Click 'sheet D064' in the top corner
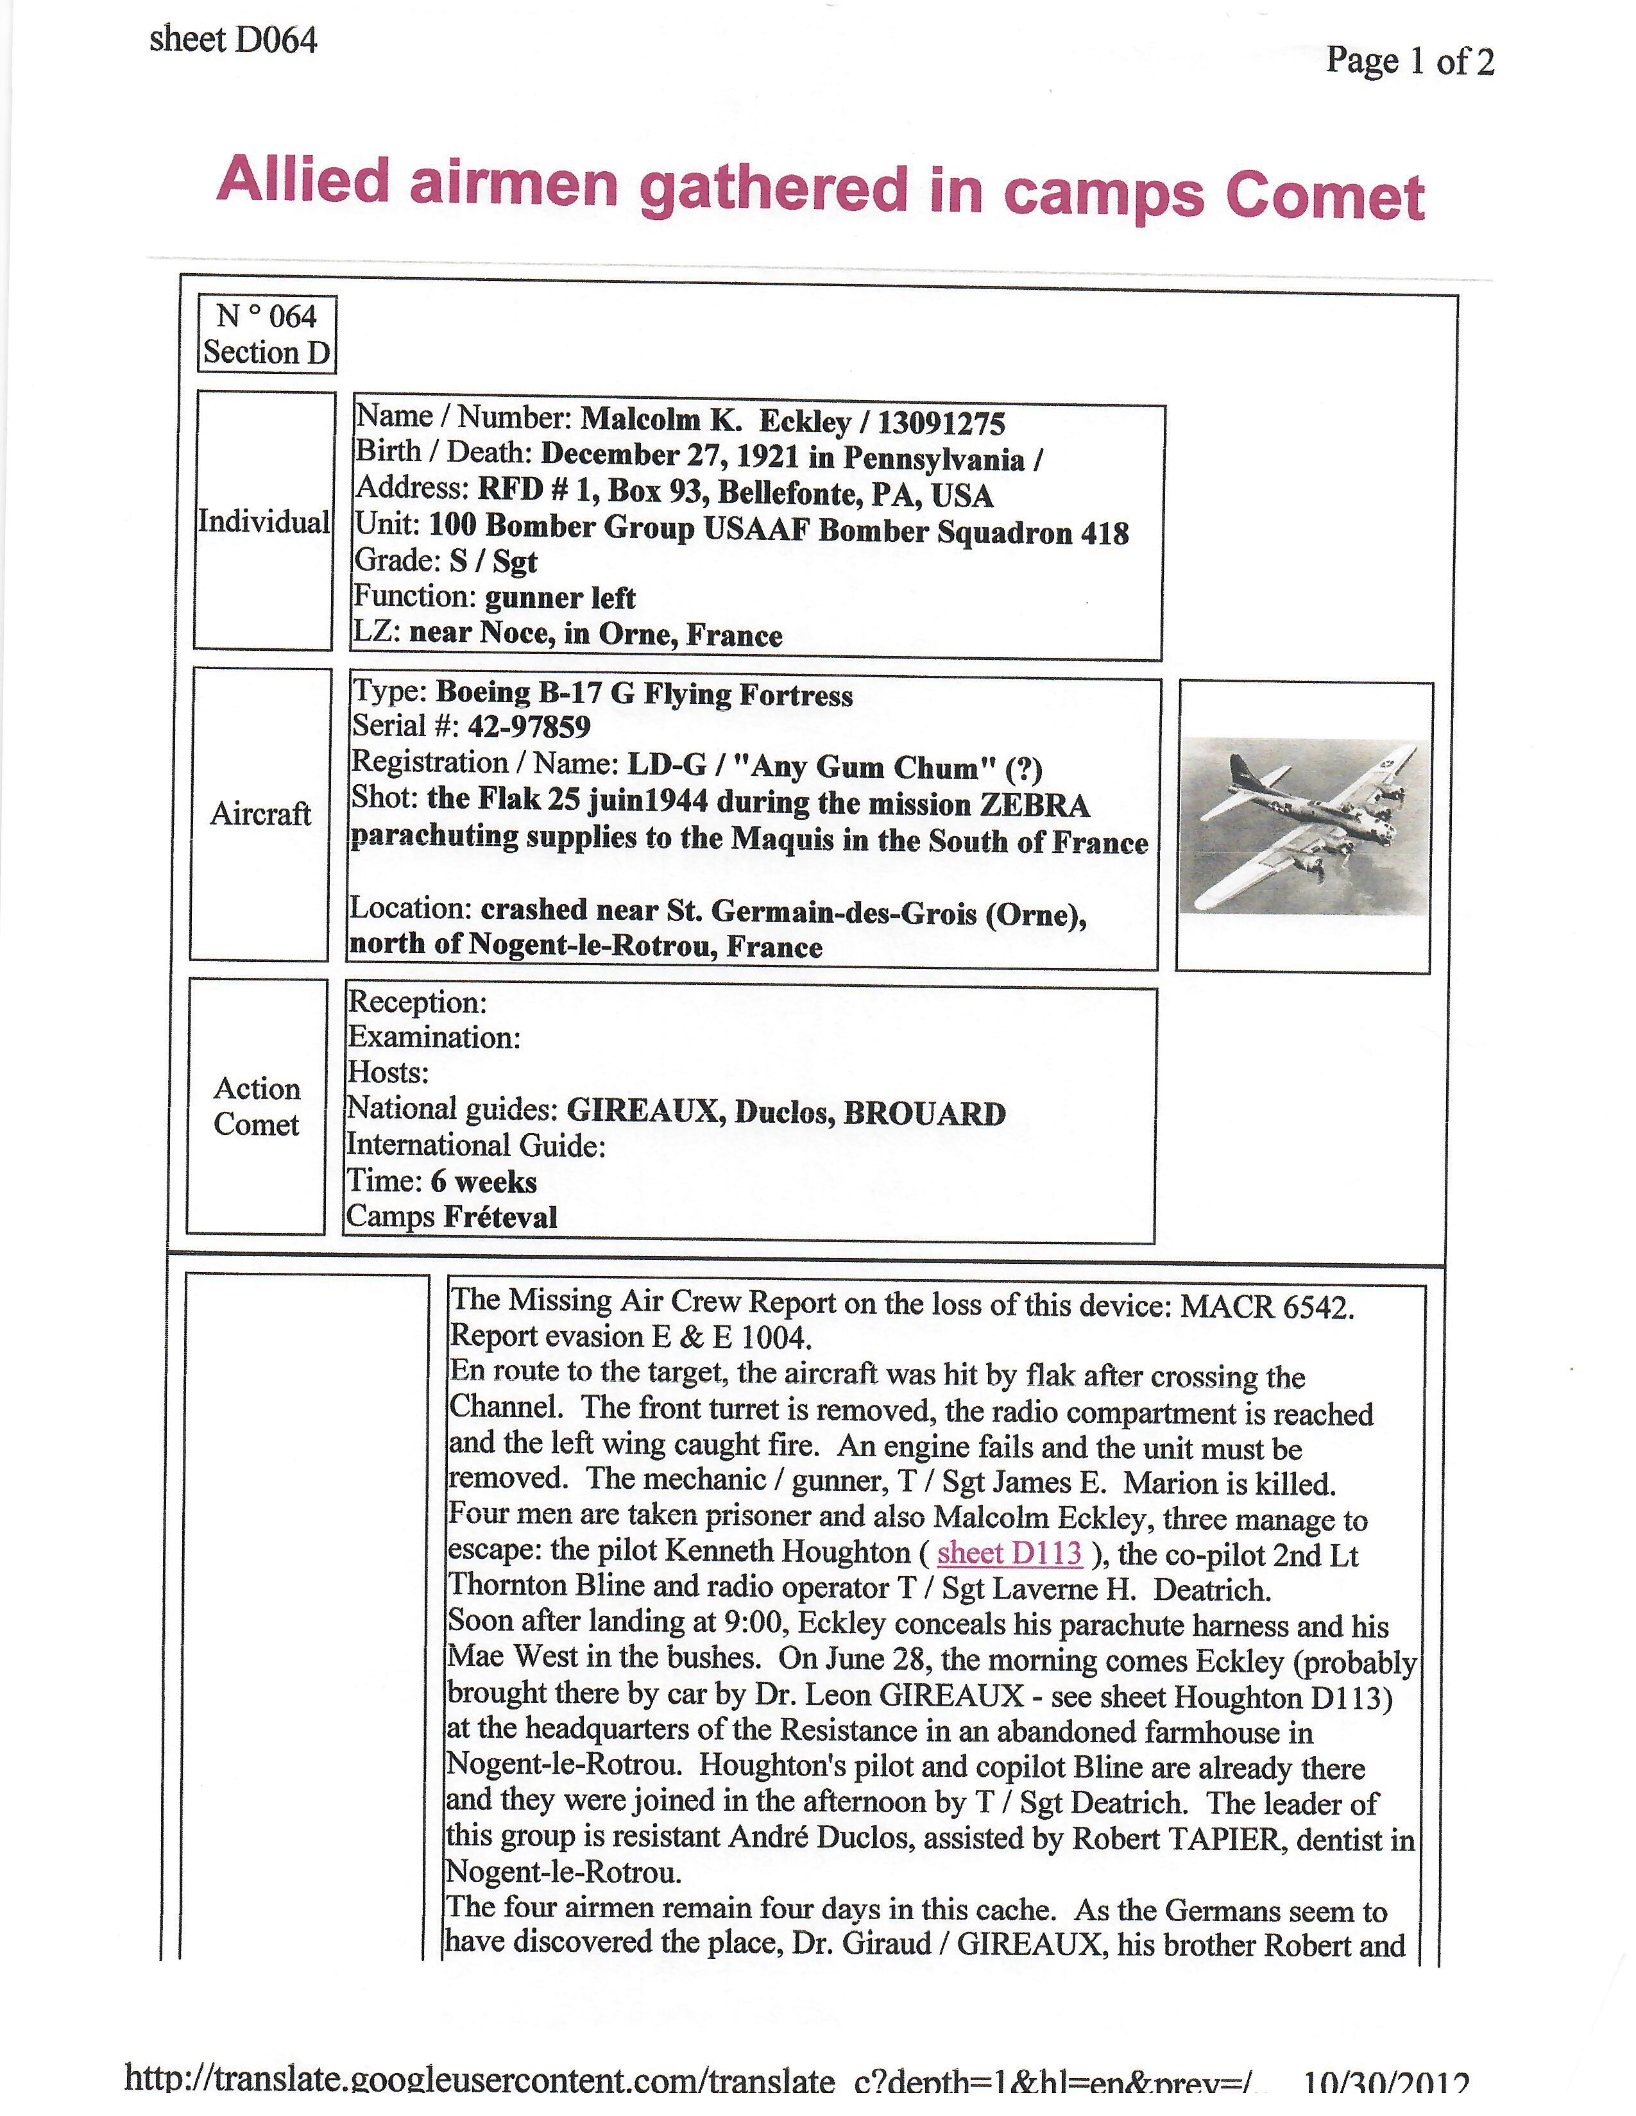pos(233,40)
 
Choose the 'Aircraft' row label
pos(260,813)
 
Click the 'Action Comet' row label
pos(256,1105)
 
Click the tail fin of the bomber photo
pos(1241,772)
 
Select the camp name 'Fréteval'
pos(500,1217)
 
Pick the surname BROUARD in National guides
pos(924,1113)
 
